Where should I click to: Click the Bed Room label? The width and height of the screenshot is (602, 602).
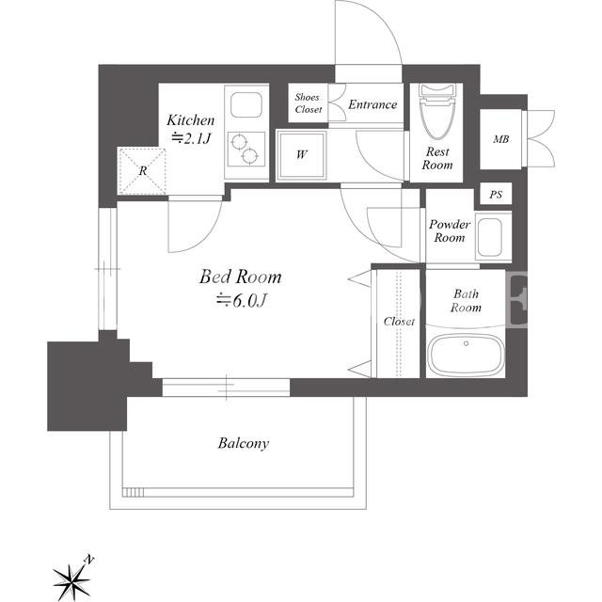coord(241,277)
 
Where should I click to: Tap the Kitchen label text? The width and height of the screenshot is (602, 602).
coord(190,120)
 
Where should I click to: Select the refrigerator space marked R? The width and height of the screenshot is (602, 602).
coord(142,170)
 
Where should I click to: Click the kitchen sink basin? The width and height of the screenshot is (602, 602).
coord(246,104)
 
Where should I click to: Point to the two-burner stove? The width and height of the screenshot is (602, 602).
coord(246,149)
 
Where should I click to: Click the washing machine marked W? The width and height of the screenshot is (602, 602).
coord(301,155)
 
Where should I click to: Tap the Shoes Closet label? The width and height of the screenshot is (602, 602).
coord(308,103)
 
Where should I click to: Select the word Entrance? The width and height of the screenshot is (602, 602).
coord(372,104)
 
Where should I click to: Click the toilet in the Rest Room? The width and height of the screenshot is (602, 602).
coord(436,111)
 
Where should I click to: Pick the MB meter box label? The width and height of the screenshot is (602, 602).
coord(500,139)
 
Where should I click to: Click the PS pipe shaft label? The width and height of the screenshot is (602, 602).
coord(496,195)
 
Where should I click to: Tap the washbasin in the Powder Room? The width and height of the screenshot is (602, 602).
coord(490,237)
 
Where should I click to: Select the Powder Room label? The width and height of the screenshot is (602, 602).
coord(450,230)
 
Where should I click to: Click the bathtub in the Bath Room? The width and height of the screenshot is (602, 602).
coord(466,355)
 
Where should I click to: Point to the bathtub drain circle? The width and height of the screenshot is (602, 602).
coord(467,343)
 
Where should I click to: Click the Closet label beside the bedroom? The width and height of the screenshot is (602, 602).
coord(399,321)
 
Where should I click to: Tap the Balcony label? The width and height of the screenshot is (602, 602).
coord(244,443)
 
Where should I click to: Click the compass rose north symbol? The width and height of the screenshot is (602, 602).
coord(71,582)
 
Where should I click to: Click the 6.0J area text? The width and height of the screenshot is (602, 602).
coord(241,301)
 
